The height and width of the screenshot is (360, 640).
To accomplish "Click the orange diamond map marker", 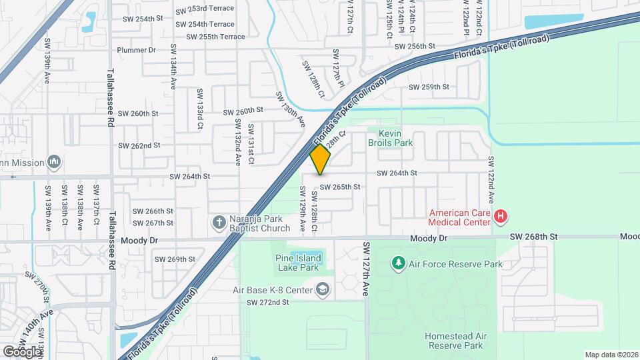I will coord(321,159).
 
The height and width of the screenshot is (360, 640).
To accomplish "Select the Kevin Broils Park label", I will coord(391,138).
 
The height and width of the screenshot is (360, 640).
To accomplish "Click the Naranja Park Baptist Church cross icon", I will coord(218,221).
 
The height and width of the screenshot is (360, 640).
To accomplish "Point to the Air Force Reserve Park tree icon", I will coord(398,263).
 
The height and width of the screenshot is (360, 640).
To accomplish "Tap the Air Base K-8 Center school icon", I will coord(323,290).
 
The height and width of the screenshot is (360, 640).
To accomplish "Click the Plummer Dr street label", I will coord(136,50).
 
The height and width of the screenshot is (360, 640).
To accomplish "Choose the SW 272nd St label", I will coord(268,302).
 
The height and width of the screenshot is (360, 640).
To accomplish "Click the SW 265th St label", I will coord(340,187).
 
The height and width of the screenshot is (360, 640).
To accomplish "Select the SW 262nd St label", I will coord(139,145).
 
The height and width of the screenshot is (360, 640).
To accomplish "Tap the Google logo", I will coord(22,351).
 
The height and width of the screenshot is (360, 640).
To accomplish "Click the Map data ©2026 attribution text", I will coord(611,355).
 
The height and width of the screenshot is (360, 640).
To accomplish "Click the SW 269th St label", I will coord(175,259).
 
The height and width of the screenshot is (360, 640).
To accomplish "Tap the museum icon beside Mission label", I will coord(54,162).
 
